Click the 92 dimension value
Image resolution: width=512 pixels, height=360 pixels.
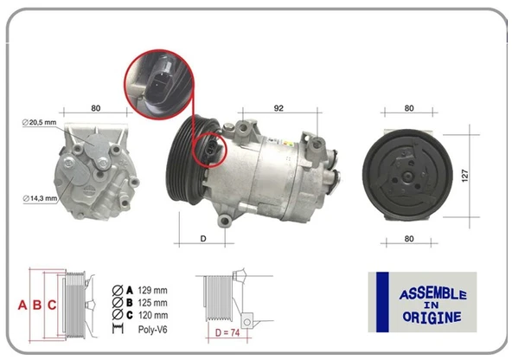tap(278, 108)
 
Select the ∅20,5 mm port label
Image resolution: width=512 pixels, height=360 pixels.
tap(39, 123)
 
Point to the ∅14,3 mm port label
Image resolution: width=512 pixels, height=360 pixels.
tap(39, 198)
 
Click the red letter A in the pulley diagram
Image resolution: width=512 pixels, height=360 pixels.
tap(22, 305)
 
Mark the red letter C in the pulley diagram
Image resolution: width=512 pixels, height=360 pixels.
tap(52, 305)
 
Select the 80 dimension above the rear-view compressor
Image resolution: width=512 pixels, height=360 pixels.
tap(96, 108)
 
